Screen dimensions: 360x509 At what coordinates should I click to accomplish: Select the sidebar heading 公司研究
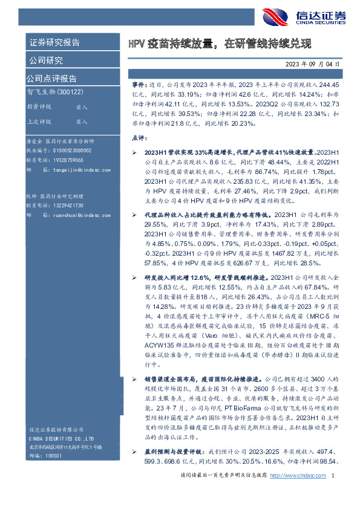(x=45, y=60)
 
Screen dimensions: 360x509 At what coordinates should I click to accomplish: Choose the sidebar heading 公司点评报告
(x=51, y=78)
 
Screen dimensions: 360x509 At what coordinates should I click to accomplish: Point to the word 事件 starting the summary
(x=139, y=86)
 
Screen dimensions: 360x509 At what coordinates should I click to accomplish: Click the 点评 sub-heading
(x=139, y=138)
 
